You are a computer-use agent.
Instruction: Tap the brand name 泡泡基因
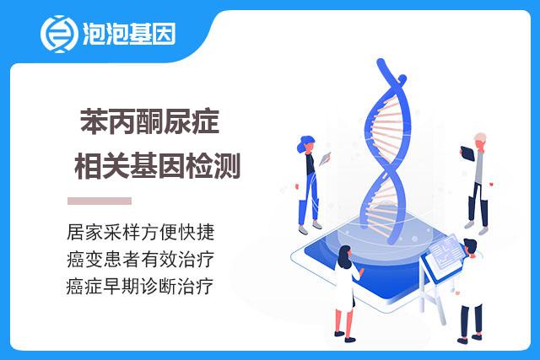(129, 34)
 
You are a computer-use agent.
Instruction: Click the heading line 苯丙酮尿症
(150, 121)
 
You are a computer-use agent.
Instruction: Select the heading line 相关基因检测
(157, 165)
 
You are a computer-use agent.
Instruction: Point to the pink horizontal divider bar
(100, 201)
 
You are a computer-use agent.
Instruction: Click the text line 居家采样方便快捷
(141, 232)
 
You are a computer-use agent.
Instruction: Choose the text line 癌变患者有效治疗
(141, 259)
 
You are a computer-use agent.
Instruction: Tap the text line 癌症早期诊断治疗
(140, 287)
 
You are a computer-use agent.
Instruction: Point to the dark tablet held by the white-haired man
(467, 153)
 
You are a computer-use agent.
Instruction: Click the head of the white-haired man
(480, 141)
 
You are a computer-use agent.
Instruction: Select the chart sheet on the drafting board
(446, 251)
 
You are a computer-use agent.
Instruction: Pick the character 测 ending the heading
(227, 165)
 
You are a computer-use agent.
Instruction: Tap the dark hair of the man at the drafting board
(470, 245)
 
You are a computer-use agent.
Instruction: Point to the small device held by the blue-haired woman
(325, 159)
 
